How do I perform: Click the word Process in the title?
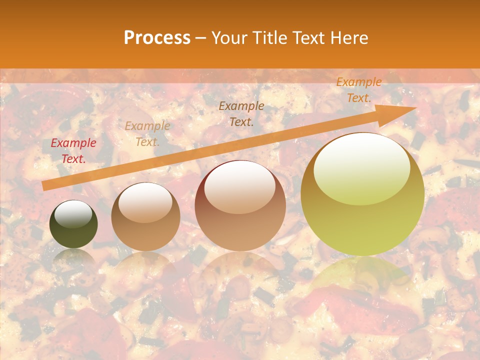tap(157, 38)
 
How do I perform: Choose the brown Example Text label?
tap(241, 113)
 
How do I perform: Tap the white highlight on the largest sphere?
tap(361, 167)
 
